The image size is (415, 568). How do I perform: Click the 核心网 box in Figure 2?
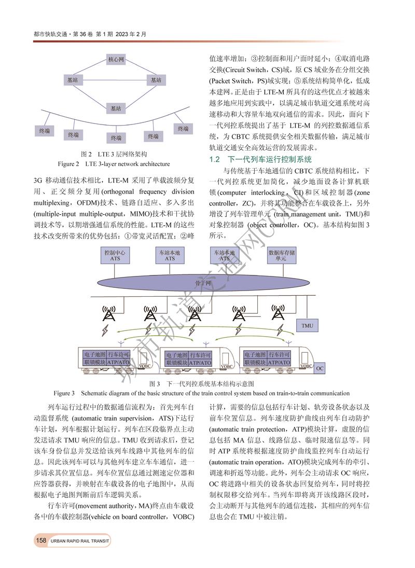115,60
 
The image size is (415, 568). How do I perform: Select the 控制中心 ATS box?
115,255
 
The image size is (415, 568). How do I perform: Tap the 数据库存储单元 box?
281,255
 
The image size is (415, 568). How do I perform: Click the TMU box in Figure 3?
307,326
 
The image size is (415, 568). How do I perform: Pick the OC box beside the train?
320,368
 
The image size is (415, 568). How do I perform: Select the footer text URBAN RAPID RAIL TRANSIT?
80,542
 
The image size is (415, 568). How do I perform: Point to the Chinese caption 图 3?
201,384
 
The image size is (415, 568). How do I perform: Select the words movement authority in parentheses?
104,507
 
